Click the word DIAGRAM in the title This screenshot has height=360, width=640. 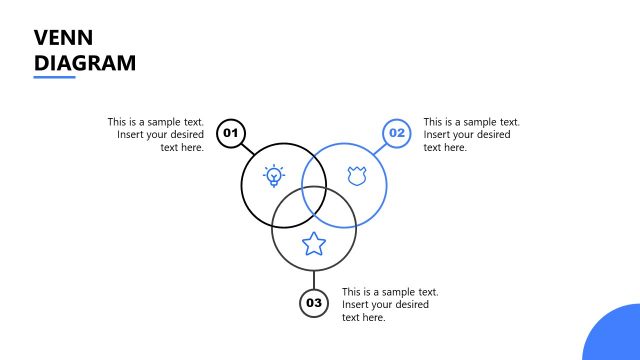tap(84, 63)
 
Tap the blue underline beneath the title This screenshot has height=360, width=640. tap(54, 77)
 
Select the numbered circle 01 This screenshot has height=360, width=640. tap(231, 133)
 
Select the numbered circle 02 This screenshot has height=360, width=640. tap(397, 133)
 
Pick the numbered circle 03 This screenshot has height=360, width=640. tap(314, 303)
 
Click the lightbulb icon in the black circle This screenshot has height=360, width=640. tap(274, 177)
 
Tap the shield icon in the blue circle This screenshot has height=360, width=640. tap(356, 177)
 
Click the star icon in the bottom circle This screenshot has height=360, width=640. tap(314, 243)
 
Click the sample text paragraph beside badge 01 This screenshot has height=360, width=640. tap(156, 134)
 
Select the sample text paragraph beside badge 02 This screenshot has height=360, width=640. tap(471, 134)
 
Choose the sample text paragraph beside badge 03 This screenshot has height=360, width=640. tap(390, 304)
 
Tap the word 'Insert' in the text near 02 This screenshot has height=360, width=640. tap(438, 134)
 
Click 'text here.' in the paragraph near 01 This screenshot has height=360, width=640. tap(182, 147)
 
